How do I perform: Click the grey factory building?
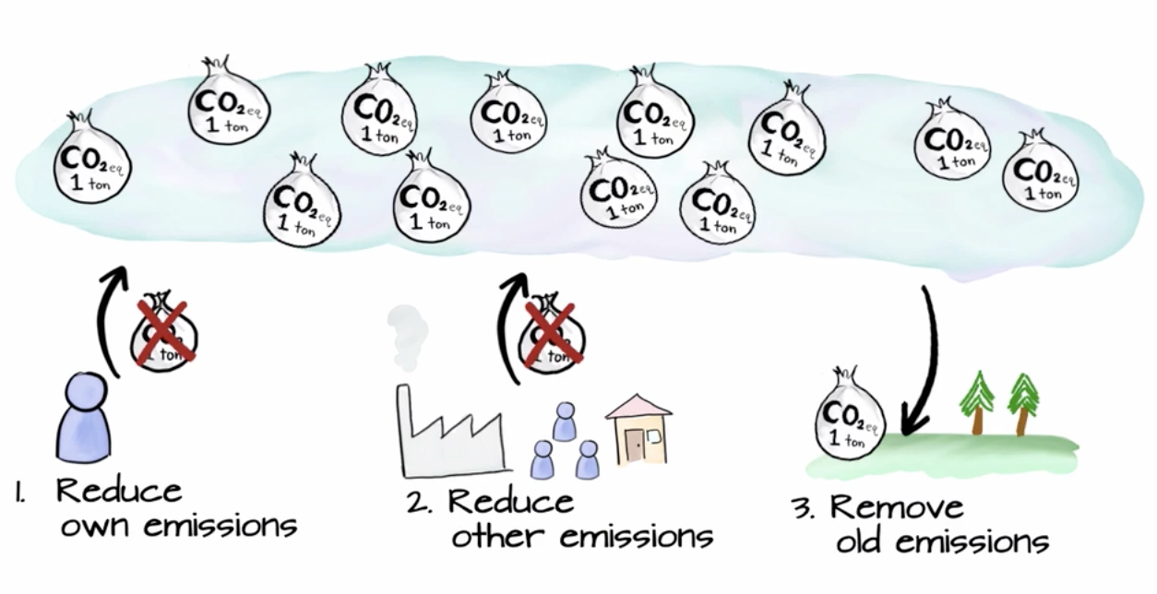(448, 434)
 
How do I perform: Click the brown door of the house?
(633, 446)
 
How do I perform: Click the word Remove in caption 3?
(896, 506)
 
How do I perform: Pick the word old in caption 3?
(867, 542)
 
